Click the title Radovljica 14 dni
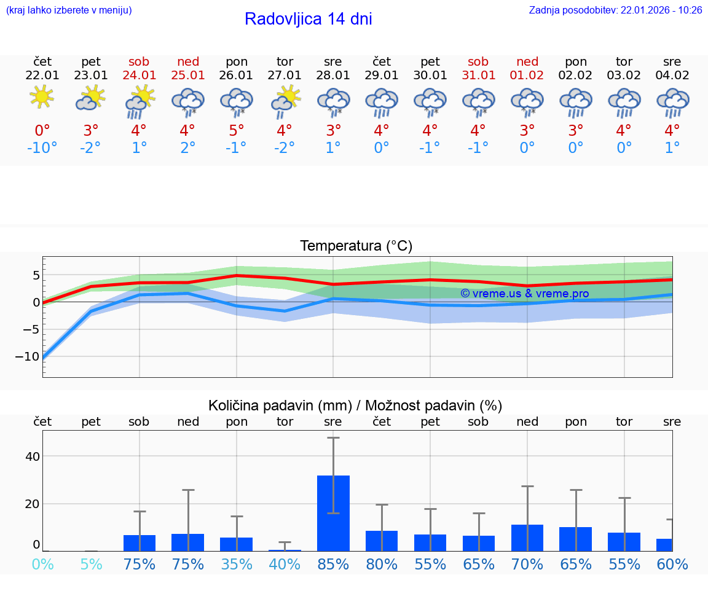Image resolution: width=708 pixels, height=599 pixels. click(x=308, y=19)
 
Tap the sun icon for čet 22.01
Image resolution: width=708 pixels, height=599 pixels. click(x=42, y=97)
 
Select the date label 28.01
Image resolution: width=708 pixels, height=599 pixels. click(x=333, y=76)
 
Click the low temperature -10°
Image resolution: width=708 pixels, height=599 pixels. click(x=42, y=148)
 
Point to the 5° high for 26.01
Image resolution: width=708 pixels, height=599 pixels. click(x=237, y=130)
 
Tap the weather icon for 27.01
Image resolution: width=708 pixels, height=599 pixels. click(x=285, y=101)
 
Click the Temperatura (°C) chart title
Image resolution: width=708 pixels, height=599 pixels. click(x=356, y=246)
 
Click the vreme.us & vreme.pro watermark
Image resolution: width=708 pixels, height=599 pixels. click(x=524, y=294)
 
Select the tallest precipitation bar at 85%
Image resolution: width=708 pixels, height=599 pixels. click(x=333, y=513)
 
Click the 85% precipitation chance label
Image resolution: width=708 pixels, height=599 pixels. click(x=333, y=564)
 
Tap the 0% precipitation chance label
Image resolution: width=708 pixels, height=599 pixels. click(x=42, y=564)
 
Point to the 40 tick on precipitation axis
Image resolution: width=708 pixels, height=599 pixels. click(x=32, y=456)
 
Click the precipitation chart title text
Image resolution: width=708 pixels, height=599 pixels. click(x=355, y=405)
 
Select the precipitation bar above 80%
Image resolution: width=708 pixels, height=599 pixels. click(x=382, y=541)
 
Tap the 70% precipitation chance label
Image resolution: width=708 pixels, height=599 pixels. click(x=527, y=564)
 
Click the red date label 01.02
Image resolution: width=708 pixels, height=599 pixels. click(x=527, y=76)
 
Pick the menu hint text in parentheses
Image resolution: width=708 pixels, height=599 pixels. click(x=69, y=10)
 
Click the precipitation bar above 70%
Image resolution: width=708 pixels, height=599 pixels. click(x=527, y=538)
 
